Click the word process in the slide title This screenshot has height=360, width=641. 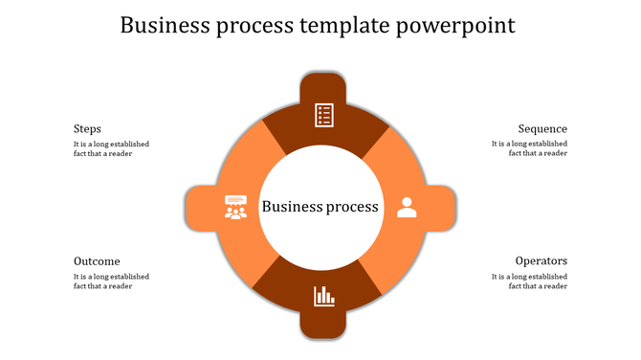(256, 25)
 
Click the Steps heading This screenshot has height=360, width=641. (87, 128)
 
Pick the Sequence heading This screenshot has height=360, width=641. (542, 128)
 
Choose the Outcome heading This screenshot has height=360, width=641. (97, 260)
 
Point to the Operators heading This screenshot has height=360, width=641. (542, 260)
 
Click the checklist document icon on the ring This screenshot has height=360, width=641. (323, 115)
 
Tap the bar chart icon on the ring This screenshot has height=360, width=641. (323, 296)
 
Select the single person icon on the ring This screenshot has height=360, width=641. (407, 206)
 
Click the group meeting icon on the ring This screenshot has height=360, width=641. (235, 206)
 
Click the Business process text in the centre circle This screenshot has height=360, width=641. (320, 206)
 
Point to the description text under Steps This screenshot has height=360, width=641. (111, 148)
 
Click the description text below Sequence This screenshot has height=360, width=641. (530, 148)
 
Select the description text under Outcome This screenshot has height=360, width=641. (111, 281)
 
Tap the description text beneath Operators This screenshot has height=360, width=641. (530, 281)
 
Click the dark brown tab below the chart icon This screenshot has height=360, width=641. (323, 326)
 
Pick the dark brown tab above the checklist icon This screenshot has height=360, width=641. (323, 84)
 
